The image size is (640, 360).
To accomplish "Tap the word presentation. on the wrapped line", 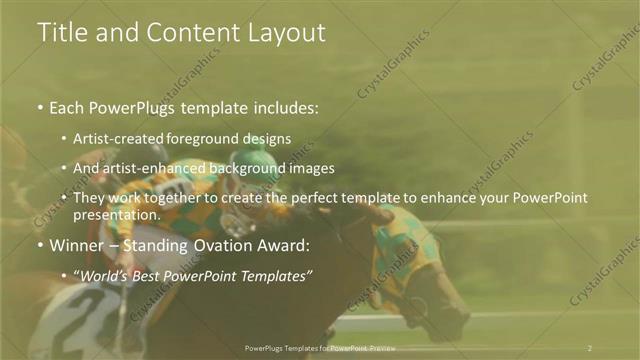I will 117,214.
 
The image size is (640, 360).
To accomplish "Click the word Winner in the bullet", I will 76,245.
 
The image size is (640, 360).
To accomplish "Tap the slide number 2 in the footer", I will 589,347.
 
